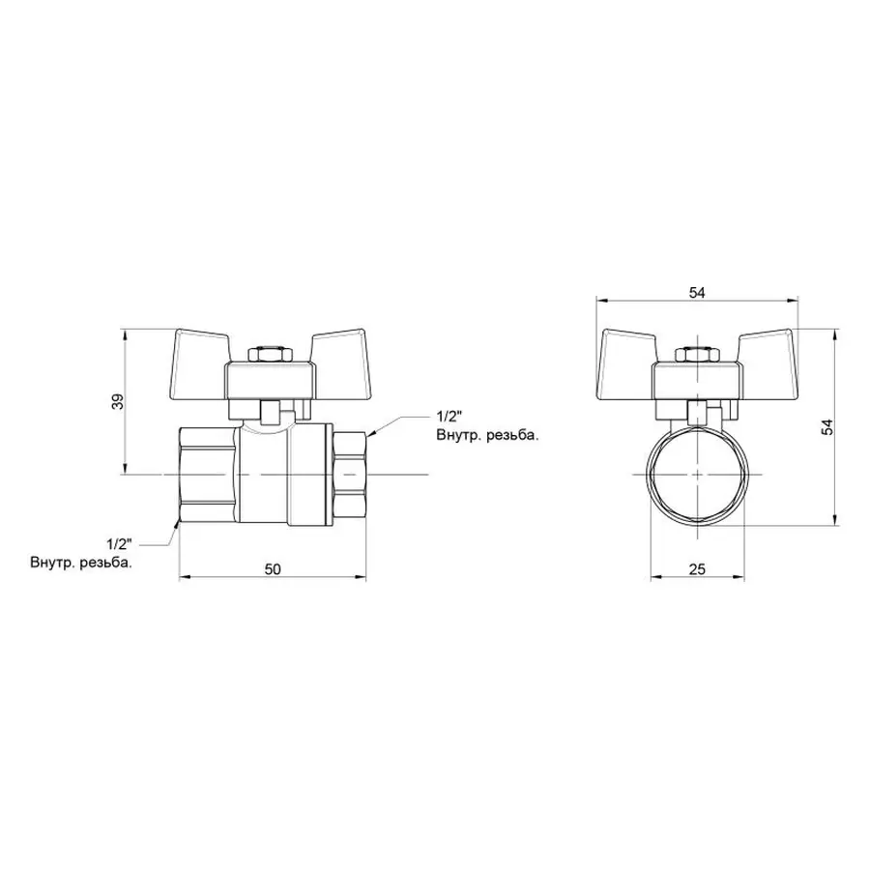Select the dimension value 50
click(273, 569)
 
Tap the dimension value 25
click(696, 569)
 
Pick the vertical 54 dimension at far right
click(826, 427)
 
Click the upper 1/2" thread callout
click(450, 417)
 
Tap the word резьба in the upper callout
click(510, 436)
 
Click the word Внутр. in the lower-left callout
click(54, 563)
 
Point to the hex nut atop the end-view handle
click(696, 355)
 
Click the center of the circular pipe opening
click(696, 476)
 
